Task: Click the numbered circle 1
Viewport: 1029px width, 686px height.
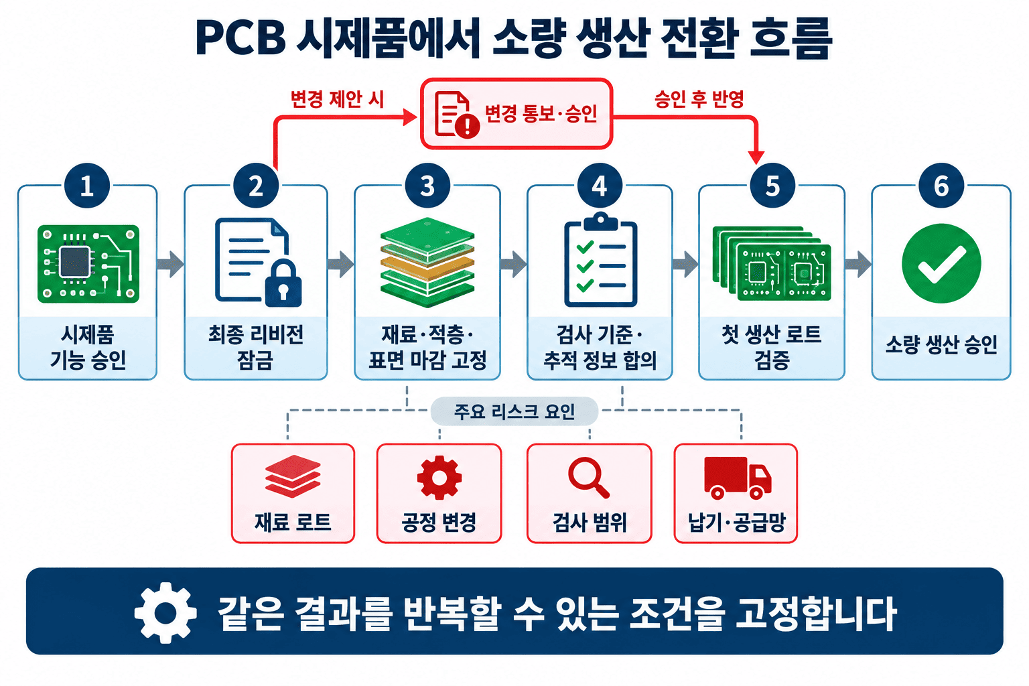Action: pyautogui.click(x=87, y=186)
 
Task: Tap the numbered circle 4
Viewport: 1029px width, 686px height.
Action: pyautogui.click(x=600, y=186)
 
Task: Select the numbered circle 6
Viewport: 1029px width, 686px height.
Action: pyautogui.click(x=941, y=186)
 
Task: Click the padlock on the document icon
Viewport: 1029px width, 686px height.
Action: pyautogui.click(x=283, y=283)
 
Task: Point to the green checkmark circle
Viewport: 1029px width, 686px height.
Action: pyautogui.click(x=941, y=263)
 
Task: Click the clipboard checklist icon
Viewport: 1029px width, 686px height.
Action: pyautogui.click(x=600, y=260)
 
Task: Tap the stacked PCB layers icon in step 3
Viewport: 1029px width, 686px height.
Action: pyautogui.click(x=427, y=263)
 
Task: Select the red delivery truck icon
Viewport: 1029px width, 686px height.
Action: pyautogui.click(x=738, y=478)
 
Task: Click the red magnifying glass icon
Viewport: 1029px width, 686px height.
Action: pyautogui.click(x=588, y=478)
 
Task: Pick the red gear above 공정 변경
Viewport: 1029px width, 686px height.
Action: pyautogui.click(x=439, y=478)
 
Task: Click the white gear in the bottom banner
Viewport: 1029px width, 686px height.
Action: pyautogui.click(x=165, y=612)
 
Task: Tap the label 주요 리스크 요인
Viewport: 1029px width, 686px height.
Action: pyautogui.click(x=514, y=411)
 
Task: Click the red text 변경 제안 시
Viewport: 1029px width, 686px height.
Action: pyautogui.click(x=337, y=98)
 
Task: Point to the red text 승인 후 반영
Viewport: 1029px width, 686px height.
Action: pyautogui.click(x=699, y=98)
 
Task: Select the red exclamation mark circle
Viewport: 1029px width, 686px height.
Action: pyautogui.click(x=467, y=125)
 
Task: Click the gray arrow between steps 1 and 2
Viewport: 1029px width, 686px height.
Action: pyautogui.click(x=170, y=264)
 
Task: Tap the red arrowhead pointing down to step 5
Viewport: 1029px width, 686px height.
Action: pyautogui.click(x=756, y=157)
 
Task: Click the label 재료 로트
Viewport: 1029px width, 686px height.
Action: pyautogui.click(x=293, y=522)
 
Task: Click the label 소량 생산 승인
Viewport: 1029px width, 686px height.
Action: pyautogui.click(x=941, y=344)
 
